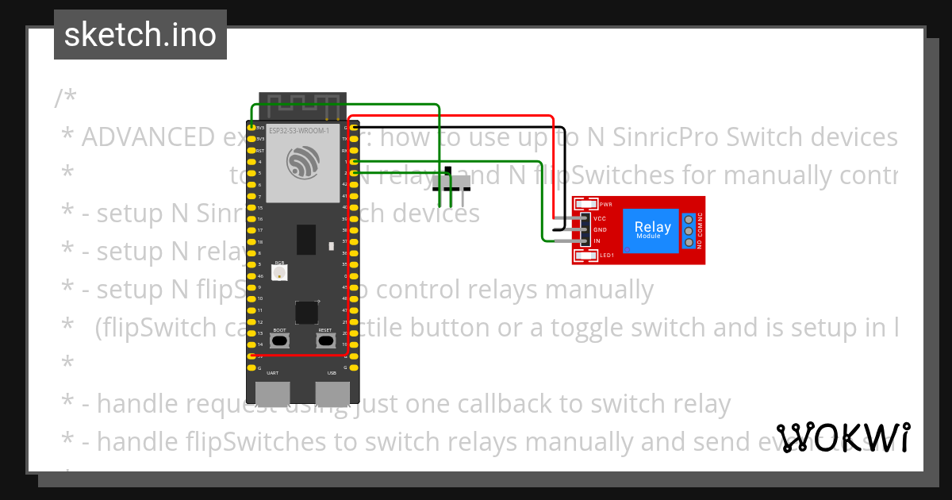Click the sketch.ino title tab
coord(140,35)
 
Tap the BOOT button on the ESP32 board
coord(279,340)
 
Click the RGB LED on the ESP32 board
coord(280,272)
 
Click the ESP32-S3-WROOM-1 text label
coord(299,130)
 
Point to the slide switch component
coord(451,184)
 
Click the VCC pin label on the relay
coord(601,218)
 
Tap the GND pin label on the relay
coord(601,229)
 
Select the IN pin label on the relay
coord(597,240)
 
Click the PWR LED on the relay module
coord(588,204)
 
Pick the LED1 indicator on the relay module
coord(588,256)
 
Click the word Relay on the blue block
coord(652,227)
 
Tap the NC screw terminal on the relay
coord(689,219)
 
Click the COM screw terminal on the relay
coord(689,230)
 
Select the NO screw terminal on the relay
coord(689,242)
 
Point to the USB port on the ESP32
coord(332,393)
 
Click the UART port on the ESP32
coord(272,393)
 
